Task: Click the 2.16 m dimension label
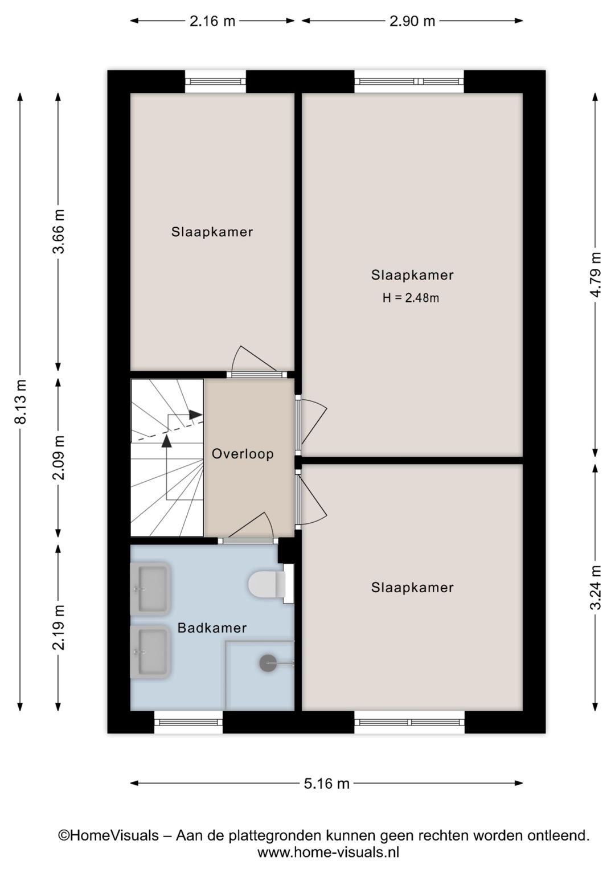coord(212,21)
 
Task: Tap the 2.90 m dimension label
coord(412,21)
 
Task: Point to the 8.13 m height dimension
coord(20,401)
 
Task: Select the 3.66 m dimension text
coord(59,231)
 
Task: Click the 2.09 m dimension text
coord(59,458)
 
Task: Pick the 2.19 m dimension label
coord(59,628)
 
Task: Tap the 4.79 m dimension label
coord(596,274)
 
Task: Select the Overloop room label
coord(243,453)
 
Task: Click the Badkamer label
coord(212,628)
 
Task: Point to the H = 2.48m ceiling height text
coord(411,298)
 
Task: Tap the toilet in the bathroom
coord(271,584)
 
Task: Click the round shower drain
coord(268,663)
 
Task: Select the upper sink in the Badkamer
coord(150,589)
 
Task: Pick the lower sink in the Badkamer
coord(150,651)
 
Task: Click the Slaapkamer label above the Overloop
coord(212,232)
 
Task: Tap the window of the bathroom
coord(188,722)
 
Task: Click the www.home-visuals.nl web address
coord(328,852)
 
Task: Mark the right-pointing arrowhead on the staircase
coord(196,415)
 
